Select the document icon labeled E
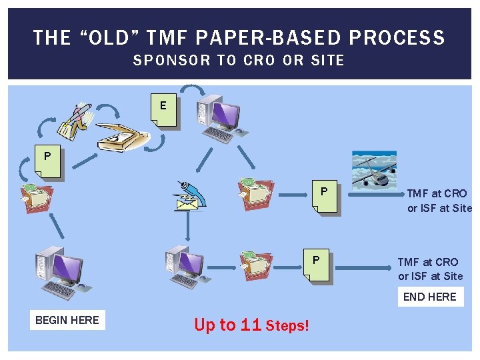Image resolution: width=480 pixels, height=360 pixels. pyautogui.click(x=164, y=110)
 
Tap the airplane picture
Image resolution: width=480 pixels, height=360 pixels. pyautogui.click(x=374, y=171)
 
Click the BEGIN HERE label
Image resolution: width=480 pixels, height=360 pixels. pyautogui.click(x=67, y=320)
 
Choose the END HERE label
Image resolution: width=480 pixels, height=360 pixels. pyautogui.click(x=429, y=297)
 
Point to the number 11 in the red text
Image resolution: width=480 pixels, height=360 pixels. pyautogui.click(x=251, y=325)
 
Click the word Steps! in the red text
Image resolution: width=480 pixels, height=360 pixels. pyautogui.click(x=287, y=326)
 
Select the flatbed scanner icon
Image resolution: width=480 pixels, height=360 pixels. pyautogui.click(x=123, y=137)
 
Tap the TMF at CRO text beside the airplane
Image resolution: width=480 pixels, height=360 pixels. pyautogui.click(x=439, y=201)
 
